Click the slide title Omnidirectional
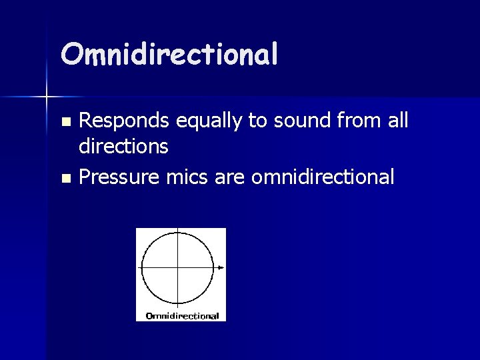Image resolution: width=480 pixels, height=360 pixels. pos(169,55)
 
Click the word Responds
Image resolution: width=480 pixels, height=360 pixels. pos(126,121)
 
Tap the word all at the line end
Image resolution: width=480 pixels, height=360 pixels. pos(397,121)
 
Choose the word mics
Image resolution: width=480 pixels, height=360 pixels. pos(193,177)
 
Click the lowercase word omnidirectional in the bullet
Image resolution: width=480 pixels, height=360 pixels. pos(323,177)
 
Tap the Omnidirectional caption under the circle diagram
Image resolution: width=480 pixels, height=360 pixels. pos(181,315)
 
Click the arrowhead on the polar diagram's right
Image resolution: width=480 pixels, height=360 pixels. pos(221,268)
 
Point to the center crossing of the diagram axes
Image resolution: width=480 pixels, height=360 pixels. pos(178,268)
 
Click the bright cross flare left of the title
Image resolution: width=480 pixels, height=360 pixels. pos(47,97)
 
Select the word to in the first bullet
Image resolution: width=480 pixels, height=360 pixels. pos(258,121)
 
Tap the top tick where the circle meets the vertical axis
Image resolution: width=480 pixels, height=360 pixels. pos(178,233)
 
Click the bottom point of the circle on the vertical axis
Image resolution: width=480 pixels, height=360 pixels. pos(178,303)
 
